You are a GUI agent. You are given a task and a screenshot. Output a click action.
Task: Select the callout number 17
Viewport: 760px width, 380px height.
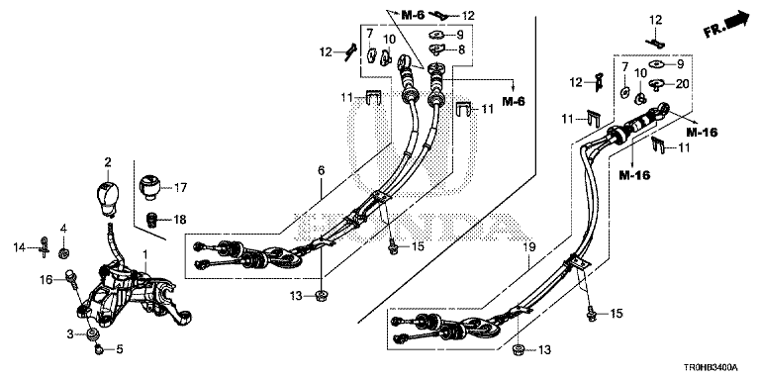tap(180, 188)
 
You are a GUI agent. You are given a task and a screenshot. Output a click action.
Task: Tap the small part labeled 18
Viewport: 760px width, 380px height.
tap(153, 221)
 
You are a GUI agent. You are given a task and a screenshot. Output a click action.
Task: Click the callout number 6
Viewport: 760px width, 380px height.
tap(321, 170)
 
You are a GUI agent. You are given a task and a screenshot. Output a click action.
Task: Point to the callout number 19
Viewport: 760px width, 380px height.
tap(528, 247)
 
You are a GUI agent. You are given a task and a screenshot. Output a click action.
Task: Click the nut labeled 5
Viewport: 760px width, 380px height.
tap(98, 347)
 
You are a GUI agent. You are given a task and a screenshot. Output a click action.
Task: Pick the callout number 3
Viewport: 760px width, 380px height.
tap(70, 333)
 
